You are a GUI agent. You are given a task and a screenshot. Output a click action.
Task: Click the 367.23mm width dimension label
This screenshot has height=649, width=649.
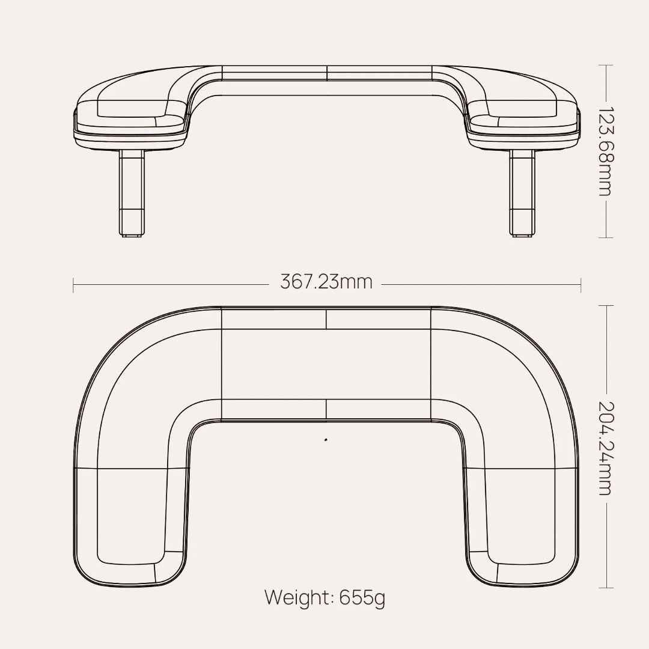tap(326, 282)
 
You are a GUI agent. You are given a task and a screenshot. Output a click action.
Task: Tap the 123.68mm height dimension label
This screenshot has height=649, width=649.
tap(605, 151)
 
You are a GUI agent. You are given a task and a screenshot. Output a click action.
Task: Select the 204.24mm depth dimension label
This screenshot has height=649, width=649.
tap(605, 448)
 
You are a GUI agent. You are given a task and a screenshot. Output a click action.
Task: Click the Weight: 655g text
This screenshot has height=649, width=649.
tap(325, 597)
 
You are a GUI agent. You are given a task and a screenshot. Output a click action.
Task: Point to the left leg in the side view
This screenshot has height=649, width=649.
tap(132, 192)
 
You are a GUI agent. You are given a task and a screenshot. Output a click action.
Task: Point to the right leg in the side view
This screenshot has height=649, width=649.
tap(522, 192)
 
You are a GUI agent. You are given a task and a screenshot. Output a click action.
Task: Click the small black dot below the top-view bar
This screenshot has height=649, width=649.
tap(326, 440)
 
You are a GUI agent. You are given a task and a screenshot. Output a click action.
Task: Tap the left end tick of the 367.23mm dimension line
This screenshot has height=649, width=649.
tap(73, 285)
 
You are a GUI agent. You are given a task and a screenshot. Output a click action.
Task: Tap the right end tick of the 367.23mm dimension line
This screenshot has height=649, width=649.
tap(580, 285)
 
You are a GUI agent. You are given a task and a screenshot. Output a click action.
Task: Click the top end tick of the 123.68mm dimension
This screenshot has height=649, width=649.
tap(606, 66)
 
